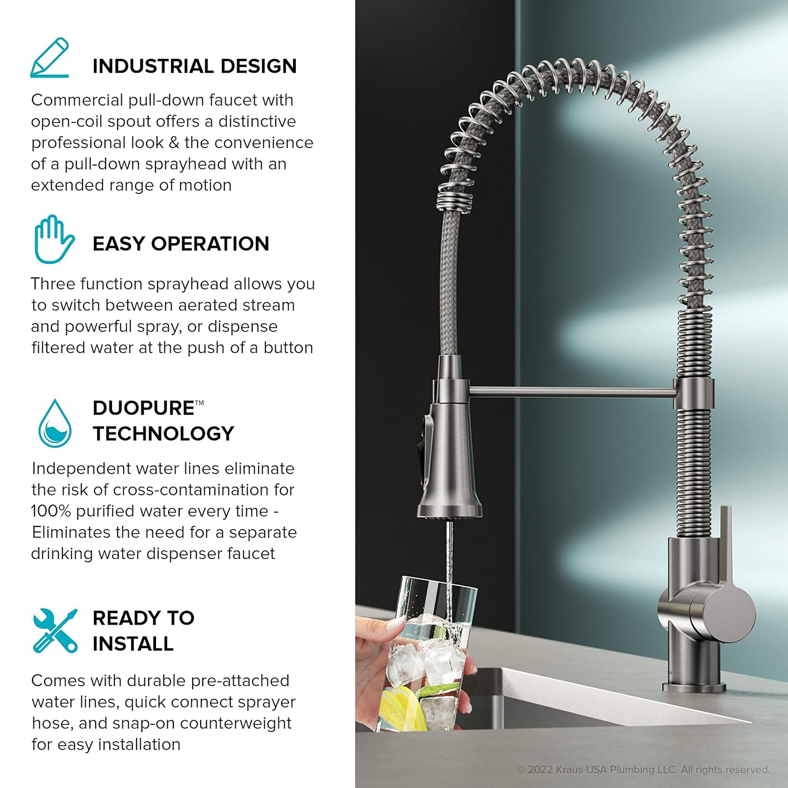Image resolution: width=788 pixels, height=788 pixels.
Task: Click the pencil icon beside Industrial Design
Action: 50,58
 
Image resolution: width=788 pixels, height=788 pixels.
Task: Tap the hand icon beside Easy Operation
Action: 54,239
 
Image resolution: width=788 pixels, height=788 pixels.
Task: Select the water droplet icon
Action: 55,423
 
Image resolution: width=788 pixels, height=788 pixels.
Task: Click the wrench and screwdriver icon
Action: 55,630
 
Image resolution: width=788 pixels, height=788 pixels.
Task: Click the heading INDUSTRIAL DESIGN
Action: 194,66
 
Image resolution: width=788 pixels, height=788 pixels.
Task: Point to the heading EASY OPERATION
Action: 181,244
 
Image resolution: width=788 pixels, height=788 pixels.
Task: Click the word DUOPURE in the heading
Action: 143,408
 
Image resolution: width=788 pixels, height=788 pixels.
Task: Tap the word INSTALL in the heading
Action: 133,644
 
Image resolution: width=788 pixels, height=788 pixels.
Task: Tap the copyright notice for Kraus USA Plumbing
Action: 644,770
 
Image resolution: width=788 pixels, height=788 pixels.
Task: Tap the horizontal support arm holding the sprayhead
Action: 572,391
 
